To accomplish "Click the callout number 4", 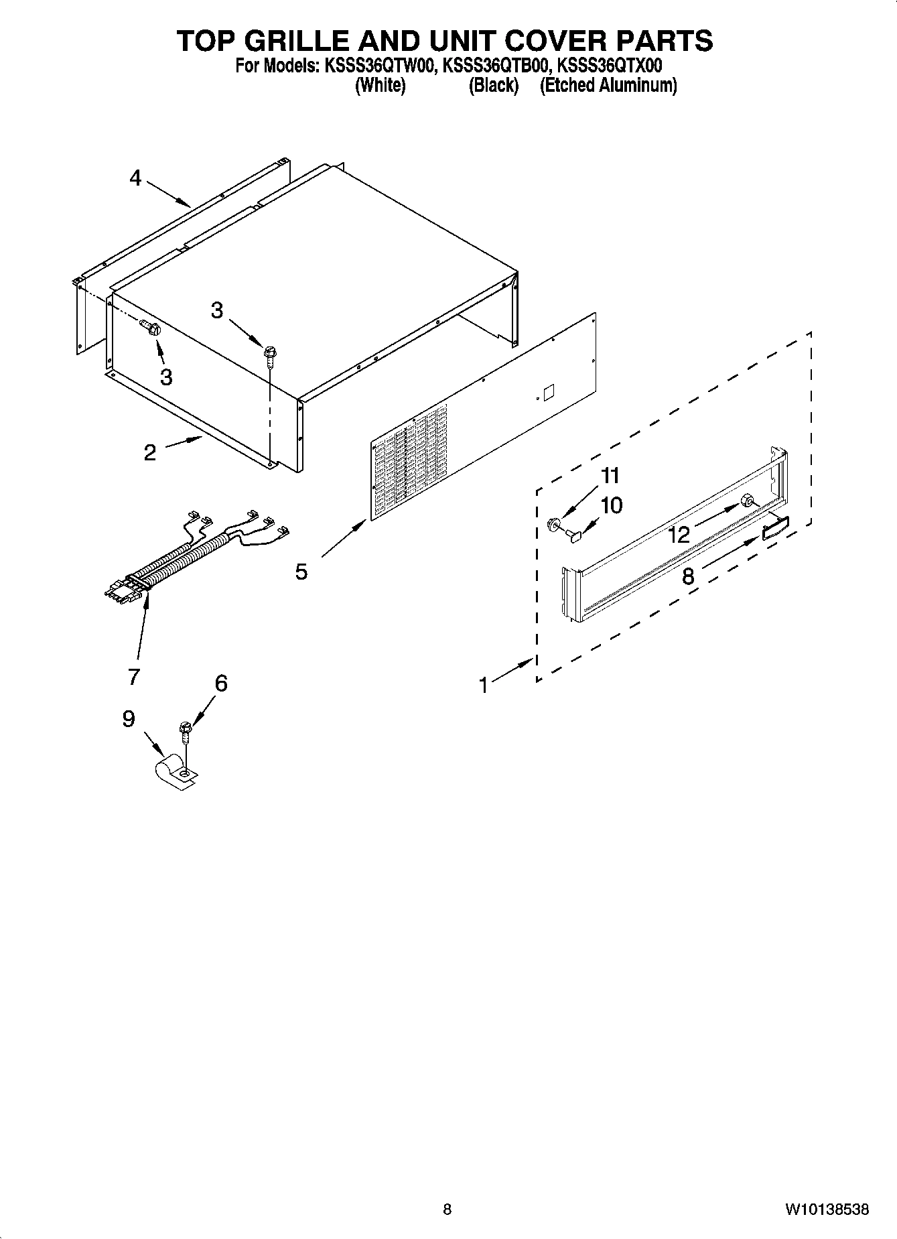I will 136,178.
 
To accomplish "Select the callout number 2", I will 150,452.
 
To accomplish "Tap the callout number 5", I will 301,572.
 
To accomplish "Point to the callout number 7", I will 134,676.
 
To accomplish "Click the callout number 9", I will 129,718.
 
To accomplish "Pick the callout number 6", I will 221,683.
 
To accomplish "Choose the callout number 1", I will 484,685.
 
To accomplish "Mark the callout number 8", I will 688,576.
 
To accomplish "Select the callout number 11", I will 610,476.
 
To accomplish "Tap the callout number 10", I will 612,505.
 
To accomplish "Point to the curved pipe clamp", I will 172,770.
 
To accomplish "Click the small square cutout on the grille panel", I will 547,393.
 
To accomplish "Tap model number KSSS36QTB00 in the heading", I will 495,66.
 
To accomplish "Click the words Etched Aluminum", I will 608,86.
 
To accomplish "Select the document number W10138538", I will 827,1210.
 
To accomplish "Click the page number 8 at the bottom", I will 447,1210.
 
